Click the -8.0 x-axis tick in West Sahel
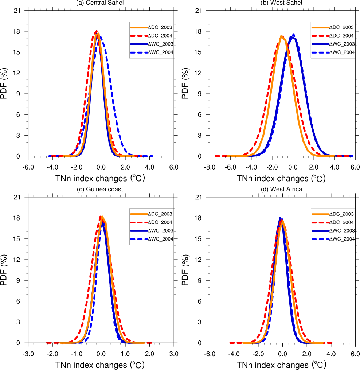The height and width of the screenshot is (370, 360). [x=210, y=167]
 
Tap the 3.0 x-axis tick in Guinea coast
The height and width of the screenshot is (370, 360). [x=174, y=354]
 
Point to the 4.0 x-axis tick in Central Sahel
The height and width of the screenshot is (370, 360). [x=149, y=167]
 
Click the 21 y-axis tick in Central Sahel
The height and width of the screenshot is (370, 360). [x=21, y=10]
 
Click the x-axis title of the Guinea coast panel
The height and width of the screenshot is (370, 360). [x=100, y=365]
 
